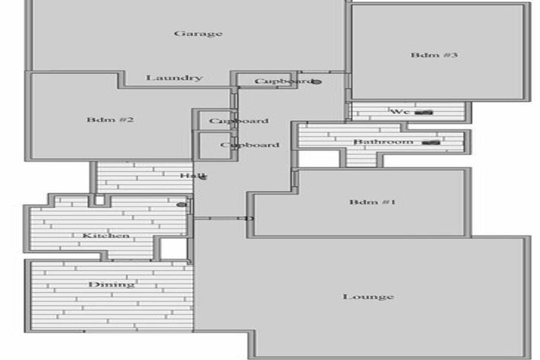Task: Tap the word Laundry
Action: coord(174,77)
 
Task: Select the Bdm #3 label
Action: coord(435,55)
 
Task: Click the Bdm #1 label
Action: coord(373,202)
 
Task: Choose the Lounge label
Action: coord(368,297)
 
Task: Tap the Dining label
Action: coord(111,284)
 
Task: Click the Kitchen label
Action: coord(105,235)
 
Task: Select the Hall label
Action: coord(188,176)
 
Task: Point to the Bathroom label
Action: coord(383,142)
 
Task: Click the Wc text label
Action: coord(399,111)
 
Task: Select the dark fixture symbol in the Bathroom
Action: coord(430,142)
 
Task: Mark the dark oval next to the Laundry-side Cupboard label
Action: coord(316,82)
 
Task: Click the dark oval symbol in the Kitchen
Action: coord(181,205)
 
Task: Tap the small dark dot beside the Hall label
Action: coord(204,177)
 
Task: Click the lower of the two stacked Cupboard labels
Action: coord(250,145)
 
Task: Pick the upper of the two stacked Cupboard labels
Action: coord(239,121)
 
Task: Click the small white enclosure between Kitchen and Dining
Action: coord(172,248)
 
